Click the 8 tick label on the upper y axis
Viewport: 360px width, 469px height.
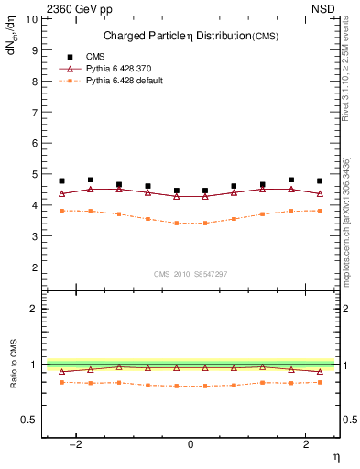pyautogui.click(x=35, y=81)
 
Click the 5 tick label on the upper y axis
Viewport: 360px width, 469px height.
pyautogui.click(x=35, y=174)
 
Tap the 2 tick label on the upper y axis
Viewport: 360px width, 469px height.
pyautogui.click(x=35, y=267)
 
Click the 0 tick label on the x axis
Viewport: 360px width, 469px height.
pyautogui.click(x=191, y=445)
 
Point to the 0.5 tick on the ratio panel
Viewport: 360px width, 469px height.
pyautogui.click(x=30, y=420)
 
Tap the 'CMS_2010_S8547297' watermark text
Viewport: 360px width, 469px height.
pyautogui.click(x=191, y=274)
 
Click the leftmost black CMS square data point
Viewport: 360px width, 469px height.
pyautogui.click(x=62, y=181)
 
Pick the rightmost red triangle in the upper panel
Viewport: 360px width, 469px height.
pyautogui.click(x=320, y=193)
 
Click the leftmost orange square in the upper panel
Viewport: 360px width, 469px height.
pyautogui.click(x=62, y=211)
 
